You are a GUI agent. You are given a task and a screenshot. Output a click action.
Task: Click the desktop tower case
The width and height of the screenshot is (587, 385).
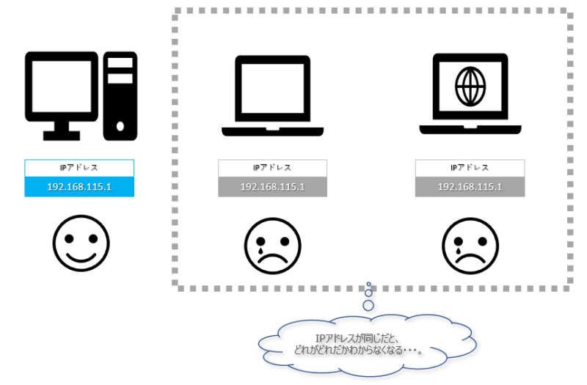[120, 95]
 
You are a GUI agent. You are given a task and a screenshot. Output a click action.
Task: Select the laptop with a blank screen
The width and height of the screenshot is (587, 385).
[273, 92]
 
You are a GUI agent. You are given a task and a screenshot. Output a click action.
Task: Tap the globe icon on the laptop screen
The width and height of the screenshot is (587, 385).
[470, 87]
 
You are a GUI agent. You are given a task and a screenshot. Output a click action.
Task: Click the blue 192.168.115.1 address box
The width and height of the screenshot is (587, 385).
[79, 187]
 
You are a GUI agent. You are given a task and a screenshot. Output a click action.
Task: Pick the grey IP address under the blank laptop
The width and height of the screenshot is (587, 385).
[273, 187]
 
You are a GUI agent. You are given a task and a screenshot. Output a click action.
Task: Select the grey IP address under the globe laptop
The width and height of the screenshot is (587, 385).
[470, 187]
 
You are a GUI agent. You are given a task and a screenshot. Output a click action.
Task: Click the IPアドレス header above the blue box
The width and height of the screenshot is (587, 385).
[79, 168]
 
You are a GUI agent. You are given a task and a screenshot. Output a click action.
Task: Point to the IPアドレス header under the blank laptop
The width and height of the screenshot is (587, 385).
[273, 168]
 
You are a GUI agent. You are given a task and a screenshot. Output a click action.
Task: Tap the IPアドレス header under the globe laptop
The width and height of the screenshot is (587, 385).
[470, 168]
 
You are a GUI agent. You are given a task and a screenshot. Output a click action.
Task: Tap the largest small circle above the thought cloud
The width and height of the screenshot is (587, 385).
[369, 304]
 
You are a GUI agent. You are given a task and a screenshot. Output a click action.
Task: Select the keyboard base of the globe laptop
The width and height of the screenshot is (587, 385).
[470, 130]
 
